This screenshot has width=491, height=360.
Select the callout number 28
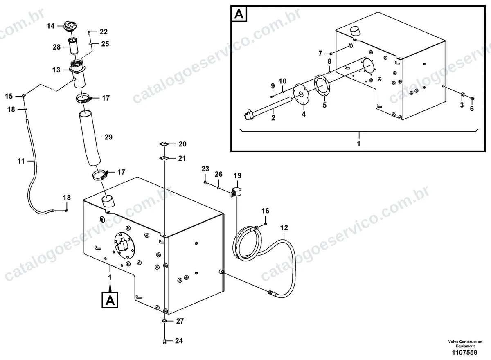pyautogui.click(x=56, y=47)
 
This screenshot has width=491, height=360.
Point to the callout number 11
pyautogui.click(x=21, y=161)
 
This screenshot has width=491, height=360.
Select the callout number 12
pyautogui.click(x=284, y=227)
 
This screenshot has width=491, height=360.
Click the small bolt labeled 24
pyautogui.click(x=165, y=341)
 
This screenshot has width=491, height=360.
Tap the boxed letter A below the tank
pyautogui.click(x=110, y=300)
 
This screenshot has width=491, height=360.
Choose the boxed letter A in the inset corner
pyautogui.click(x=239, y=14)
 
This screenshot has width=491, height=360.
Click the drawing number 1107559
pyautogui.click(x=464, y=352)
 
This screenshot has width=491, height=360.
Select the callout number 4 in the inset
pyautogui.click(x=304, y=114)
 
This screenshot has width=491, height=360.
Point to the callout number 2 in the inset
pyautogui.click(x=273, y=118)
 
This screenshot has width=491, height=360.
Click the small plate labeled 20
pyautogui.click(x=164, y=144)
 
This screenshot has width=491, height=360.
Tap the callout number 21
pyautogui.click(x=182, y=158)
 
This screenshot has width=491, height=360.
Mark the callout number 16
pyautogui.click(x=265, y=211)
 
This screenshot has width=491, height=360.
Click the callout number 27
pyautogui.click(x=180, y=321)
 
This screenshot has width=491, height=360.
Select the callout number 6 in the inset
pyautogui.click(x=472, y=108)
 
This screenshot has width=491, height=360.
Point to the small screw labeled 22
pyautogui.click(x=89, y=32)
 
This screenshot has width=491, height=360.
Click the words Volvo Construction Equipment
pyautogui.click(x=465, y=344)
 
